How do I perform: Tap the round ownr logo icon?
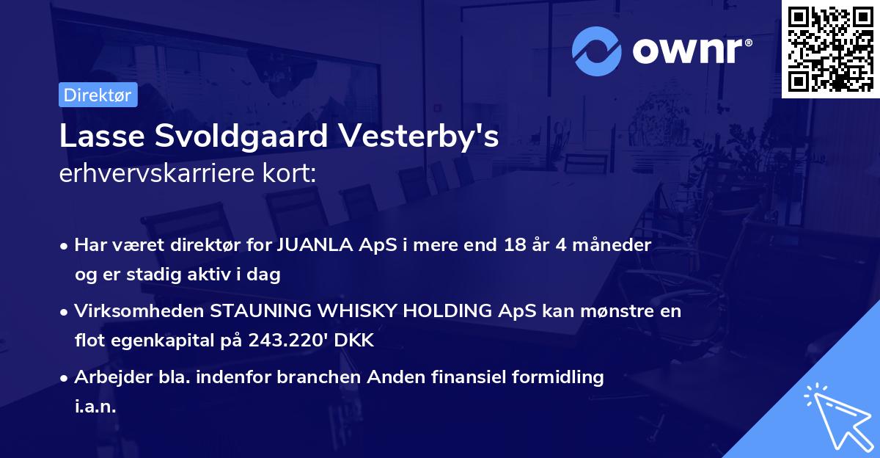point(597,51)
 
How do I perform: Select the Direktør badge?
point(98,95)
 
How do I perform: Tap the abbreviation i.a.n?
point(95,407)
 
